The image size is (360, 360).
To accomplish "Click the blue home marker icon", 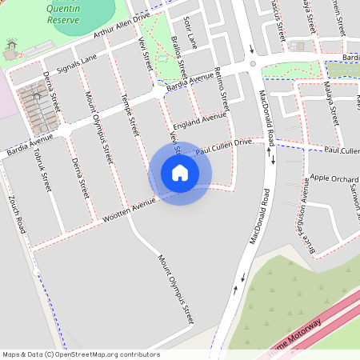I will pyautogui.click(x=180, y=173).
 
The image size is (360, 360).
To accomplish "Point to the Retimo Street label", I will pyautogui.click(x=223, y=88).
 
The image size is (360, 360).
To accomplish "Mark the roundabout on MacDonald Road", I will pyautogui.click(x=252, y=63).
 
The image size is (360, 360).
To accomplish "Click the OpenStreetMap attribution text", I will pyautogui.click(x=81, y=354).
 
